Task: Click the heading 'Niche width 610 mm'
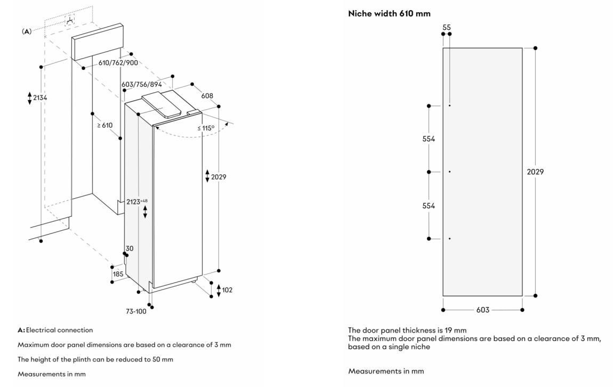click(x=389, y=13)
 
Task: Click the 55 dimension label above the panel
click(x=446, y=26)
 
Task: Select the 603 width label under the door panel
click(x=482, y=310)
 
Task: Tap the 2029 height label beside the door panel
click(x=536, y=172)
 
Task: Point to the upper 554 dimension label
click(x=429, y=139)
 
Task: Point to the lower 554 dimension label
click(x=429, y=206)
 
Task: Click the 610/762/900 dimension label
click(x=118, y=62)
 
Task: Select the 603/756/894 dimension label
click(x=141, y=84)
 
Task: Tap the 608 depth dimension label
click(x=207, y=96)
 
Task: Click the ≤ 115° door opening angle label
click(x=206, y=128)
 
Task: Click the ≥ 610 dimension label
click(x=104, y=125)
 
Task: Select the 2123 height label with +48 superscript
click(x=136, y=201)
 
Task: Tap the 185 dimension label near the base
click(x=118, y=274)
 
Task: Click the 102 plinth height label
click(x=226, y=290)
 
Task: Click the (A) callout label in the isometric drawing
click(x=26, y=31)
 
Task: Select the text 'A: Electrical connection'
click(x=55, y=330)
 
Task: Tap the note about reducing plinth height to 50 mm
click(x=95, y=359)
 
